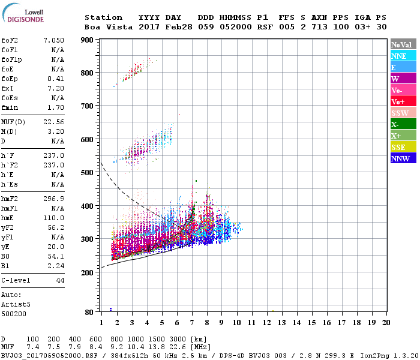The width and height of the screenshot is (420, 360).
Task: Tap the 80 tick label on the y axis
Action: (x=89, y=312)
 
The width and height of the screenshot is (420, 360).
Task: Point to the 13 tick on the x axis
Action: (x=281, y=323)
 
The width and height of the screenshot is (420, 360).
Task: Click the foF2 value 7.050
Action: (x=53, y=40)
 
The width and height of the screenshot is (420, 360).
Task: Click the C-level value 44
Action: (x=60, y=280)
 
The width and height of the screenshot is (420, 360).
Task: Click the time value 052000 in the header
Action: (x=236, y=27)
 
